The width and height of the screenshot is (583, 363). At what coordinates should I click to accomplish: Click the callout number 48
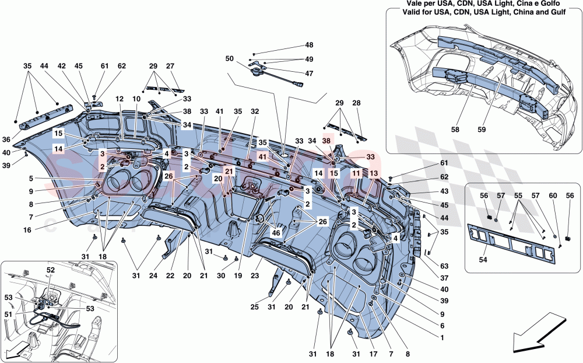point(308,46)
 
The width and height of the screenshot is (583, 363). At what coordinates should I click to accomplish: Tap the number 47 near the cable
point(308,74)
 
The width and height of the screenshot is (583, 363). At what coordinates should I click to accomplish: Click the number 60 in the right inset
point(553,196)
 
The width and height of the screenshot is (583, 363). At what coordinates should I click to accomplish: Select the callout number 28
point(357,103)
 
